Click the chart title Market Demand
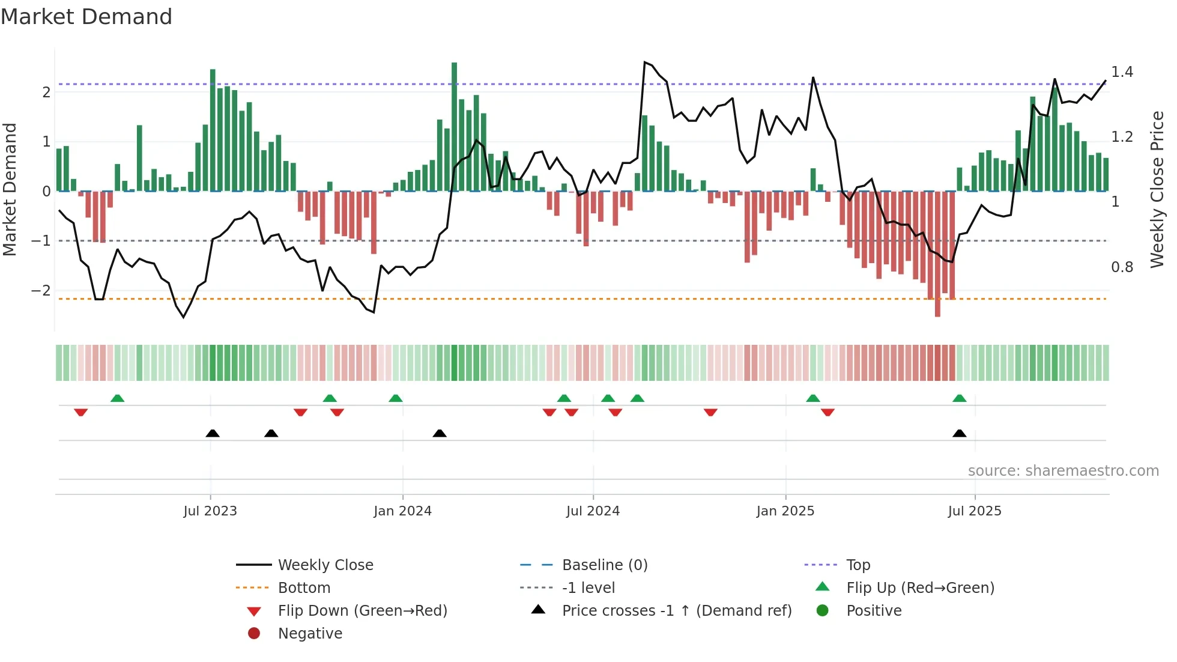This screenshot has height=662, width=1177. point(86,17)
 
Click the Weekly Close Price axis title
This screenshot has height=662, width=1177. point(1157,189)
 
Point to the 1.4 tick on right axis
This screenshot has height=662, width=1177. point(1122,72)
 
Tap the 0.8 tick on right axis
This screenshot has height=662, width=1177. point(1122,267)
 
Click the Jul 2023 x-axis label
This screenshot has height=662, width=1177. point(210,511)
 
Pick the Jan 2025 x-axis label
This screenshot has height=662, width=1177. point(785,511)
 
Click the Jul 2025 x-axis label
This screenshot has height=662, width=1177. point(974,511)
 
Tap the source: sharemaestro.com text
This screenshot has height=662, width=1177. point(1063,471)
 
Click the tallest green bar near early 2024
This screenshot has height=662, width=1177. point(454,126)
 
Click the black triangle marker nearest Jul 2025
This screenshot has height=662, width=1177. point(959,434)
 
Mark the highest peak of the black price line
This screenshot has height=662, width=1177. point(644,62)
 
